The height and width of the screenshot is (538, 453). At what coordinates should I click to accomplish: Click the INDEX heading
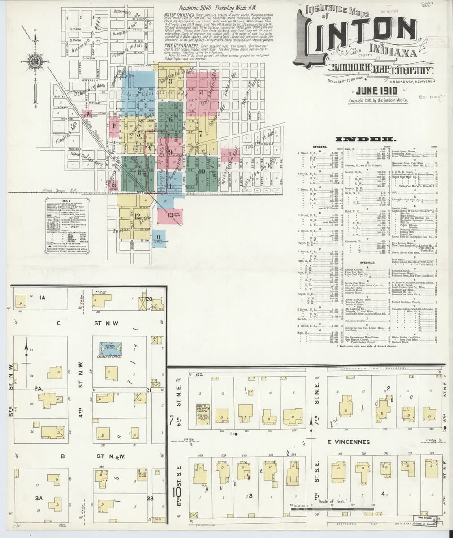367,139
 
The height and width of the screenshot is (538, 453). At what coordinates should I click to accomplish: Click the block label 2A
39,390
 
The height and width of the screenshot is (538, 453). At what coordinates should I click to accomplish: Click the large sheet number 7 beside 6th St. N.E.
172,420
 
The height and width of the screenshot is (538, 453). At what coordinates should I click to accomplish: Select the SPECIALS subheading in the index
367,262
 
